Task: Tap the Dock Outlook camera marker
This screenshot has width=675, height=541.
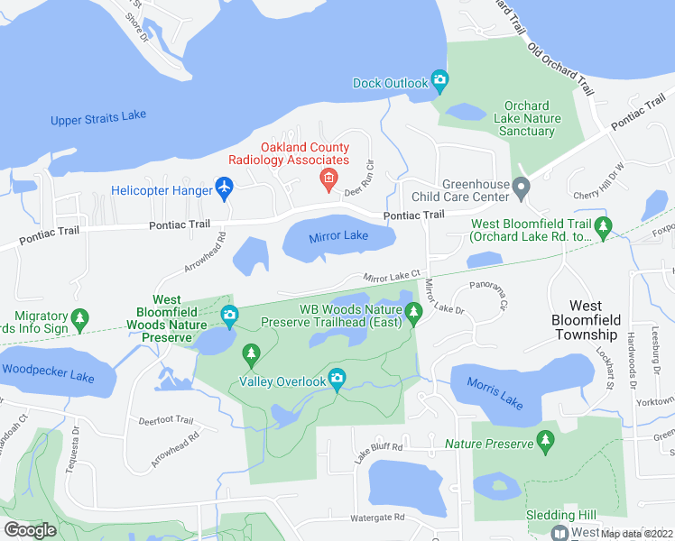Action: coord(439,82)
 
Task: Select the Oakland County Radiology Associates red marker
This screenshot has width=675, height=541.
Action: coord(329,178)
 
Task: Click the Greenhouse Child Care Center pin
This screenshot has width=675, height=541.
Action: coord(521,188)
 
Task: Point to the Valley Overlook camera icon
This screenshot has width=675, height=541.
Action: coord(337,380)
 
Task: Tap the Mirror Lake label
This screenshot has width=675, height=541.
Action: coord(338,236)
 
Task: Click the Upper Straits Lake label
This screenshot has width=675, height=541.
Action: coord(98,117)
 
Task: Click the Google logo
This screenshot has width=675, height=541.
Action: coord(31,529)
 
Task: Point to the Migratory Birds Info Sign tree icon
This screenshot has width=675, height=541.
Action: coord(80,317)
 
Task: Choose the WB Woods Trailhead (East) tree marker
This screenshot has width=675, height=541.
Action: coord(414,313)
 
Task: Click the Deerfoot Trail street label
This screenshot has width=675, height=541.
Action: coord(165,420)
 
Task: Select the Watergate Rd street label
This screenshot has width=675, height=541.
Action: coord(374,518)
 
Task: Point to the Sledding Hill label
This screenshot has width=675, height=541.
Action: coord(561,515)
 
